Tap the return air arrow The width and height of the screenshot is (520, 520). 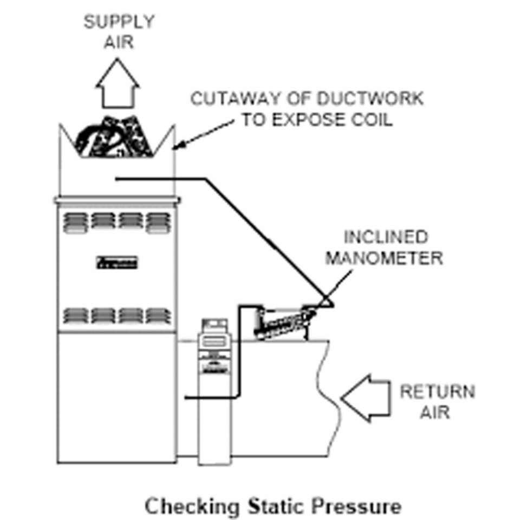pos(366,398)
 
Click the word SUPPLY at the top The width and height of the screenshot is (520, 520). pos(119,22)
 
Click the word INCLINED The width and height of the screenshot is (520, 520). pos(386,237)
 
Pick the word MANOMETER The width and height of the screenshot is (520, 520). pos(384,258)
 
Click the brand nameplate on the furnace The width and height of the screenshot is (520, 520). pos(118,264)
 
